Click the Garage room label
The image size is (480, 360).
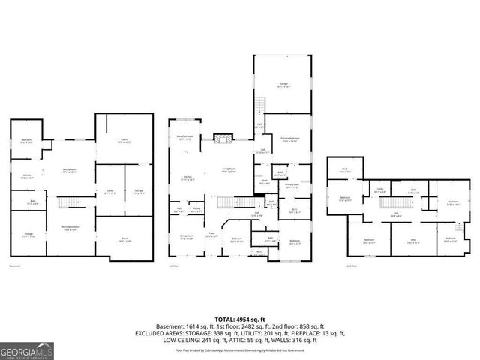click(284, 84)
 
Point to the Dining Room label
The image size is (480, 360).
click(186, 237)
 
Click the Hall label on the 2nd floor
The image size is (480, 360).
click(395, 214)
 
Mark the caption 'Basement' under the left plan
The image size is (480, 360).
click(15, 266)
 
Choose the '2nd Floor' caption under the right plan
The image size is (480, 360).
click(352, 266)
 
